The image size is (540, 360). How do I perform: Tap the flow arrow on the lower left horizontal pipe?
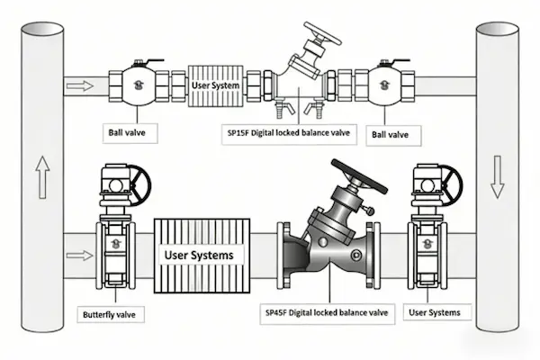(x=80, y=255)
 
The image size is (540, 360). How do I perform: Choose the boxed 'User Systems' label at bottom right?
(x=435, y=312)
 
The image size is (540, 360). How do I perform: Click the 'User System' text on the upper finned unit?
(x=216, y=85)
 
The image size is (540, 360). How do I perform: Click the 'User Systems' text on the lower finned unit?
(x=199, y=255)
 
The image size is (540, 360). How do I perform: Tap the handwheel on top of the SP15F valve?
(x=322, y=33)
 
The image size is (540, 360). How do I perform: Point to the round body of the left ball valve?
(x=138, y=85)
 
